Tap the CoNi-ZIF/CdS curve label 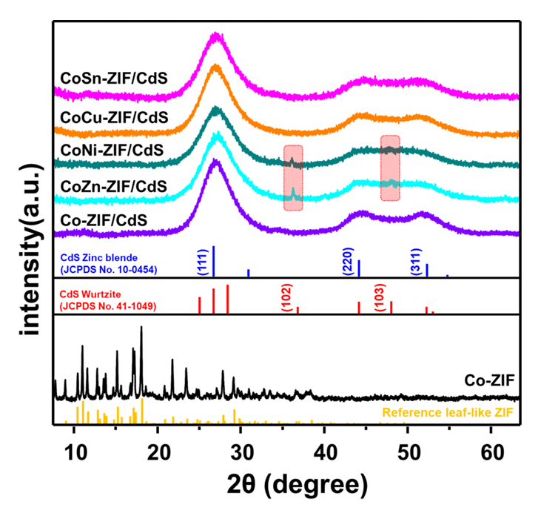113,150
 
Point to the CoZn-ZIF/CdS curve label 114,185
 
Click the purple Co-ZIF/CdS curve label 104,219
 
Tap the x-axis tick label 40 324,450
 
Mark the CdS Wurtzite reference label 107,299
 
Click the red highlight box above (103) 390,168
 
